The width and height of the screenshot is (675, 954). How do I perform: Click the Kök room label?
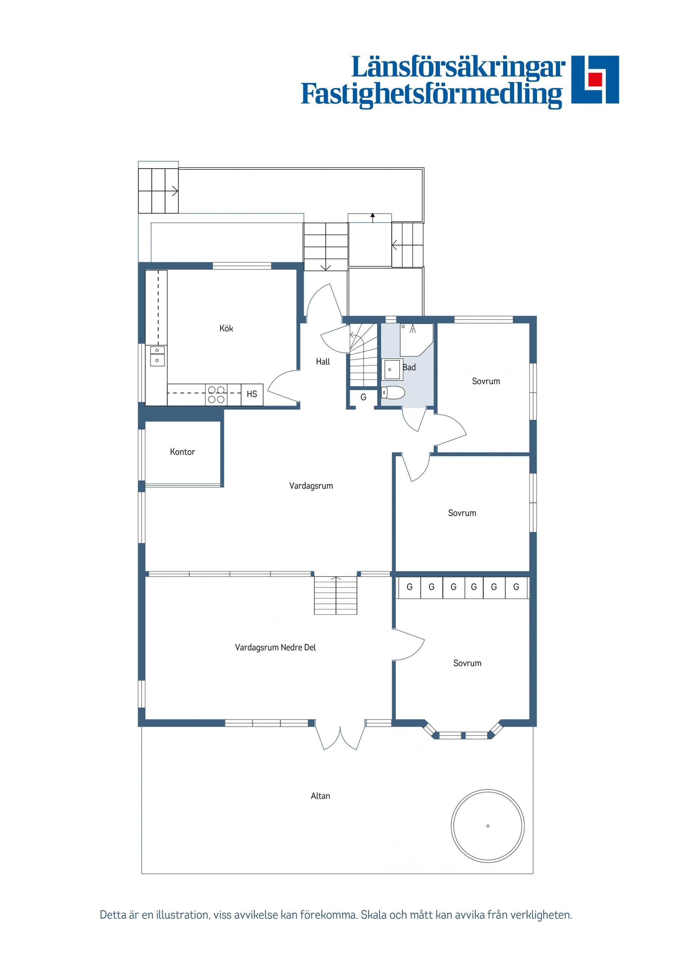[226, 329]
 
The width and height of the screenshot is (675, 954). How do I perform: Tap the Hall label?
[323, 362]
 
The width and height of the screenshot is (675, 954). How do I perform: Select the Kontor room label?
[182, 452]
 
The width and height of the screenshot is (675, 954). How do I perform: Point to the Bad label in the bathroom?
[409, 367]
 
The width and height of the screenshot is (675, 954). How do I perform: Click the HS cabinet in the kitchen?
[252, 394]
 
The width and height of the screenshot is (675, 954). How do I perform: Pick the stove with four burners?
[216, 394]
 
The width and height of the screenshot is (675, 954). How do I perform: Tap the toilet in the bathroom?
[393, 393]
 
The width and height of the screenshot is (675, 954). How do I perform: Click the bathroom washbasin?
[391, 370]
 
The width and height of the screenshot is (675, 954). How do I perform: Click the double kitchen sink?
[157, 356]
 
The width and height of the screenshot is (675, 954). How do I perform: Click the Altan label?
[320, 796]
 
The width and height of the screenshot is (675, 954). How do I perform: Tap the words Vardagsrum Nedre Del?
[275, 647]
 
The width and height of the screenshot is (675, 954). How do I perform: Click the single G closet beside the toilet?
[364, 398]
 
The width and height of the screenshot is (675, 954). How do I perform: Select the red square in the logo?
[595, 79]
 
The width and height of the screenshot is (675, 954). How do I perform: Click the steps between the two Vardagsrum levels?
[336, 595]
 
